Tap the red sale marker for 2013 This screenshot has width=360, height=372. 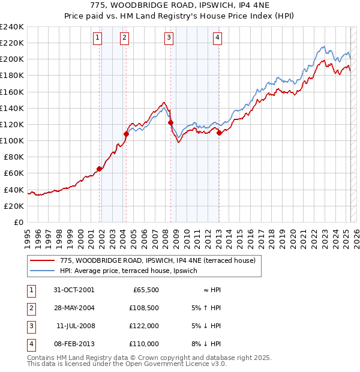click(219, 133)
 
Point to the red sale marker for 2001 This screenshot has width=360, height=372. click(100, 169)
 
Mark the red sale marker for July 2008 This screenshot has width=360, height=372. click(170, 122)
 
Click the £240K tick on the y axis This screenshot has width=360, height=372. click(12, 27)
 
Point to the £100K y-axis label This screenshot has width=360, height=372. click(12, 140)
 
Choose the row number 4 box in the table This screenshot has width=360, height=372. click(30, 344)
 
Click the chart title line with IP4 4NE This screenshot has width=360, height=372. click(180, 7)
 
